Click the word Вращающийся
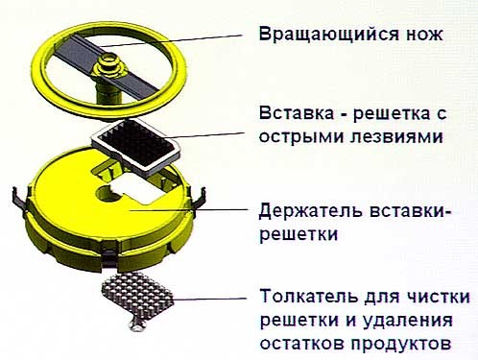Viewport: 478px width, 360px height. tap(329, 35)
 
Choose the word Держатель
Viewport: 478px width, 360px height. tap(311, 211)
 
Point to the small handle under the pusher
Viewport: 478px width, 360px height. tap(137, 324)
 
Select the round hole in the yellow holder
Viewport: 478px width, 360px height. tap(107, 194)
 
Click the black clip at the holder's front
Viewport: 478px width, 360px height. tap(109, 257)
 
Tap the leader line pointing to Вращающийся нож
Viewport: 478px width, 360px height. tap(170, 41)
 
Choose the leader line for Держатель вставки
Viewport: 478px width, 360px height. tap(188, 210)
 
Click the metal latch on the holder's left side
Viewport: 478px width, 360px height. tap(20, 199)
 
